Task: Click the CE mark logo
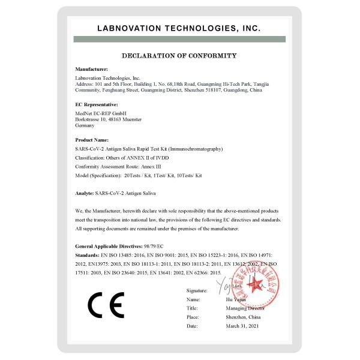pyautogui.click(x=106, y=305)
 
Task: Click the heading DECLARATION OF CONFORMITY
pyautogui.click(x=179, y=56)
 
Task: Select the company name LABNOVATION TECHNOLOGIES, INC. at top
pyautogui.click(x=179, y=28)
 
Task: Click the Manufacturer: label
pyautogui.click(x=92, y=70)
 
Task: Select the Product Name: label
pyautogui.click(x=92, y=139)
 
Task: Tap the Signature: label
pyautogui.click(x=197, y=290)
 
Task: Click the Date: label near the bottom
pyautogui.click(x=192, y=326)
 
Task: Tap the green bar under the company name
pyautogui.click(x=179, y=39)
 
